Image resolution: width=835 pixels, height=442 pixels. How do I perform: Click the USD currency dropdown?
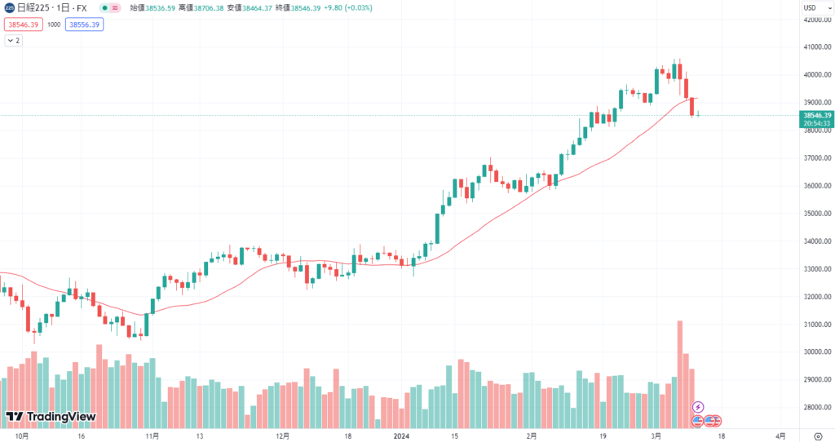tap(811, 7)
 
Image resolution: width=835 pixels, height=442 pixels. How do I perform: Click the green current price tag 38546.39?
tap(815, 116)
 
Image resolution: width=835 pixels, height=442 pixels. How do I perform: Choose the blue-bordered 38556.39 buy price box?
tap(85, 24)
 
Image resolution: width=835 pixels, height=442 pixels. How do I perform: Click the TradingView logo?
tap(51, 417)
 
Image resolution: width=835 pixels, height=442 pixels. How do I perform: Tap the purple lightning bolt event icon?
tap(698, 407)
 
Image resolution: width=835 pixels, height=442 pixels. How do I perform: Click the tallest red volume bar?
tap(679, 371)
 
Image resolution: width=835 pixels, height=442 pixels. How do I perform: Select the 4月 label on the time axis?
tap(780, 436)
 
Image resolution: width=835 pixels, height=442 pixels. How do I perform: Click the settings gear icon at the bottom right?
tap(818, 436)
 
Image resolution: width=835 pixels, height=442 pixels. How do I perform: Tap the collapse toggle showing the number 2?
tap(14, 40)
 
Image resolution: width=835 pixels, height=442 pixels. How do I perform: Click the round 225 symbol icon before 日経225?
tap(8, 7)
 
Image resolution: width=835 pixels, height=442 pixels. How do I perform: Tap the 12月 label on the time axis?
tap(282, 436)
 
